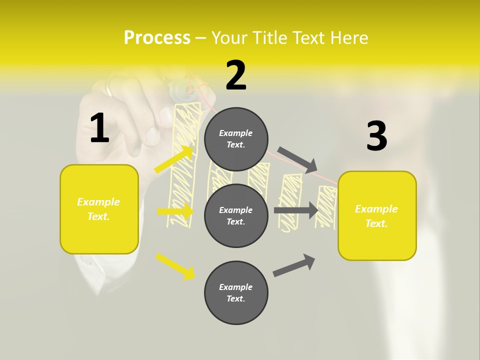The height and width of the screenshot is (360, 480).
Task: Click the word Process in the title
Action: (157, 38)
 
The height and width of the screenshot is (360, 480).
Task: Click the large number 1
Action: (99, 128)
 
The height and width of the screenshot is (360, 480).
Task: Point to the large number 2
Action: (236, 75)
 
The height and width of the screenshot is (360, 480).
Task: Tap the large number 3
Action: (376, 136)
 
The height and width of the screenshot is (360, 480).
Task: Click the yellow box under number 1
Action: (99, 209)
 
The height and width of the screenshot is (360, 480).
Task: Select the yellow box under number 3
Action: (377, 216)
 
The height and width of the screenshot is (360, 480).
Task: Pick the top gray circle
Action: (236, 139)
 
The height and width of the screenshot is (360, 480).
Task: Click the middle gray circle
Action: (236, 215)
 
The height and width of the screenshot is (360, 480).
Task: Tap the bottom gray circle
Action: (236, 292)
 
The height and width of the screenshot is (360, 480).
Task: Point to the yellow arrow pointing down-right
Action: (175, 266)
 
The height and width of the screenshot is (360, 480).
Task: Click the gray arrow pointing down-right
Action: (298, 159)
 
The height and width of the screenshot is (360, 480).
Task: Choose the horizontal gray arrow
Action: (296, 210)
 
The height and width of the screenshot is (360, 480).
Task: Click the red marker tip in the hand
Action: (190, 90)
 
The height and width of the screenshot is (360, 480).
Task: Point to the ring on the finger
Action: (109, 89)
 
